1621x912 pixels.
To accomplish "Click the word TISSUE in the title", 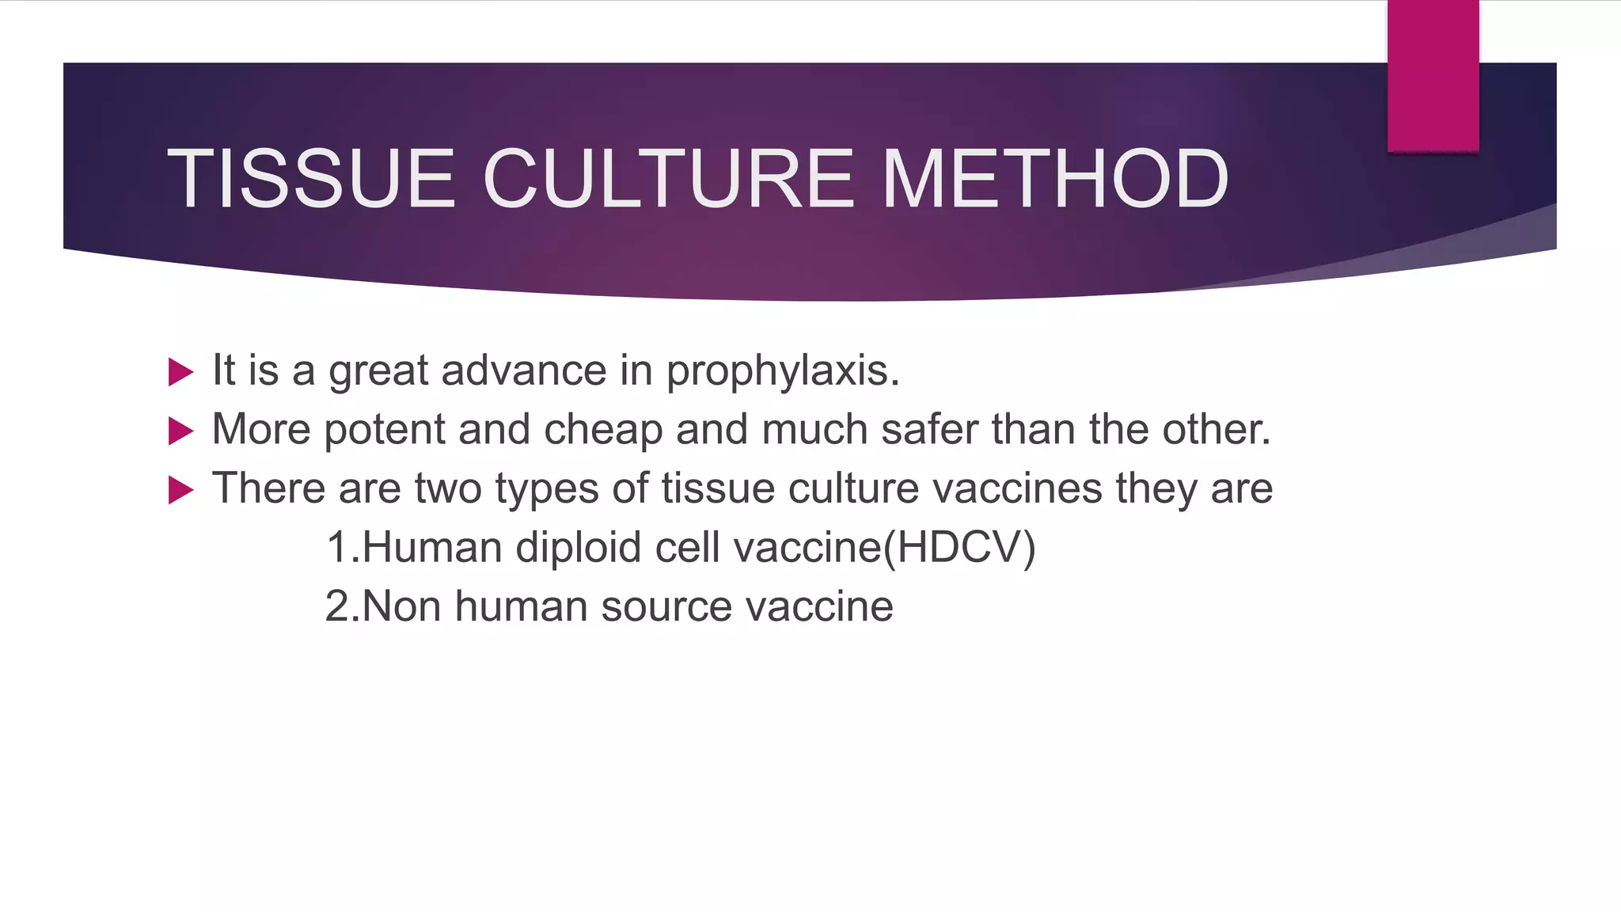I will point(311,180).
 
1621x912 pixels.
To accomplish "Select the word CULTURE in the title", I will point(668,180).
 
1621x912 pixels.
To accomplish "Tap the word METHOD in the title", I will point(1054,180).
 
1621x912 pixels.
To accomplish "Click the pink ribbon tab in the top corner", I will point(1433,76).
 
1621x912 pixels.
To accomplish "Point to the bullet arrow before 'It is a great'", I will point(180,371).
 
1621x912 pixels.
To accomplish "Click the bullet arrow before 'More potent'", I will point(180,431).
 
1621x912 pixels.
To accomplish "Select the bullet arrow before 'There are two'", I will point(180,490).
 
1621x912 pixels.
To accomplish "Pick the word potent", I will point(385,430).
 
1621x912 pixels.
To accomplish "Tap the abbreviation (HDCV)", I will point(959,548).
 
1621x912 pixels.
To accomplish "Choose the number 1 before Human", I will point(337,548).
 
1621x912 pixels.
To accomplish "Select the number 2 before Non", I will point(337,607).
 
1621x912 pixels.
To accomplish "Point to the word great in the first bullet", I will point(378,371).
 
